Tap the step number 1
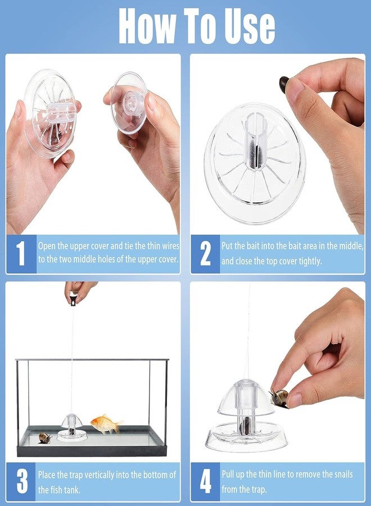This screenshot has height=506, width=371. (x=21, y=254)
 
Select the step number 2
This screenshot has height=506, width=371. (x=205, y=254)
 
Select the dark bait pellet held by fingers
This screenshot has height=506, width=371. (x=284, y=84)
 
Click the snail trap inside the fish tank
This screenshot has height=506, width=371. (x=72, y=427)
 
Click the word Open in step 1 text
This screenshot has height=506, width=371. (x=47, y=246)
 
